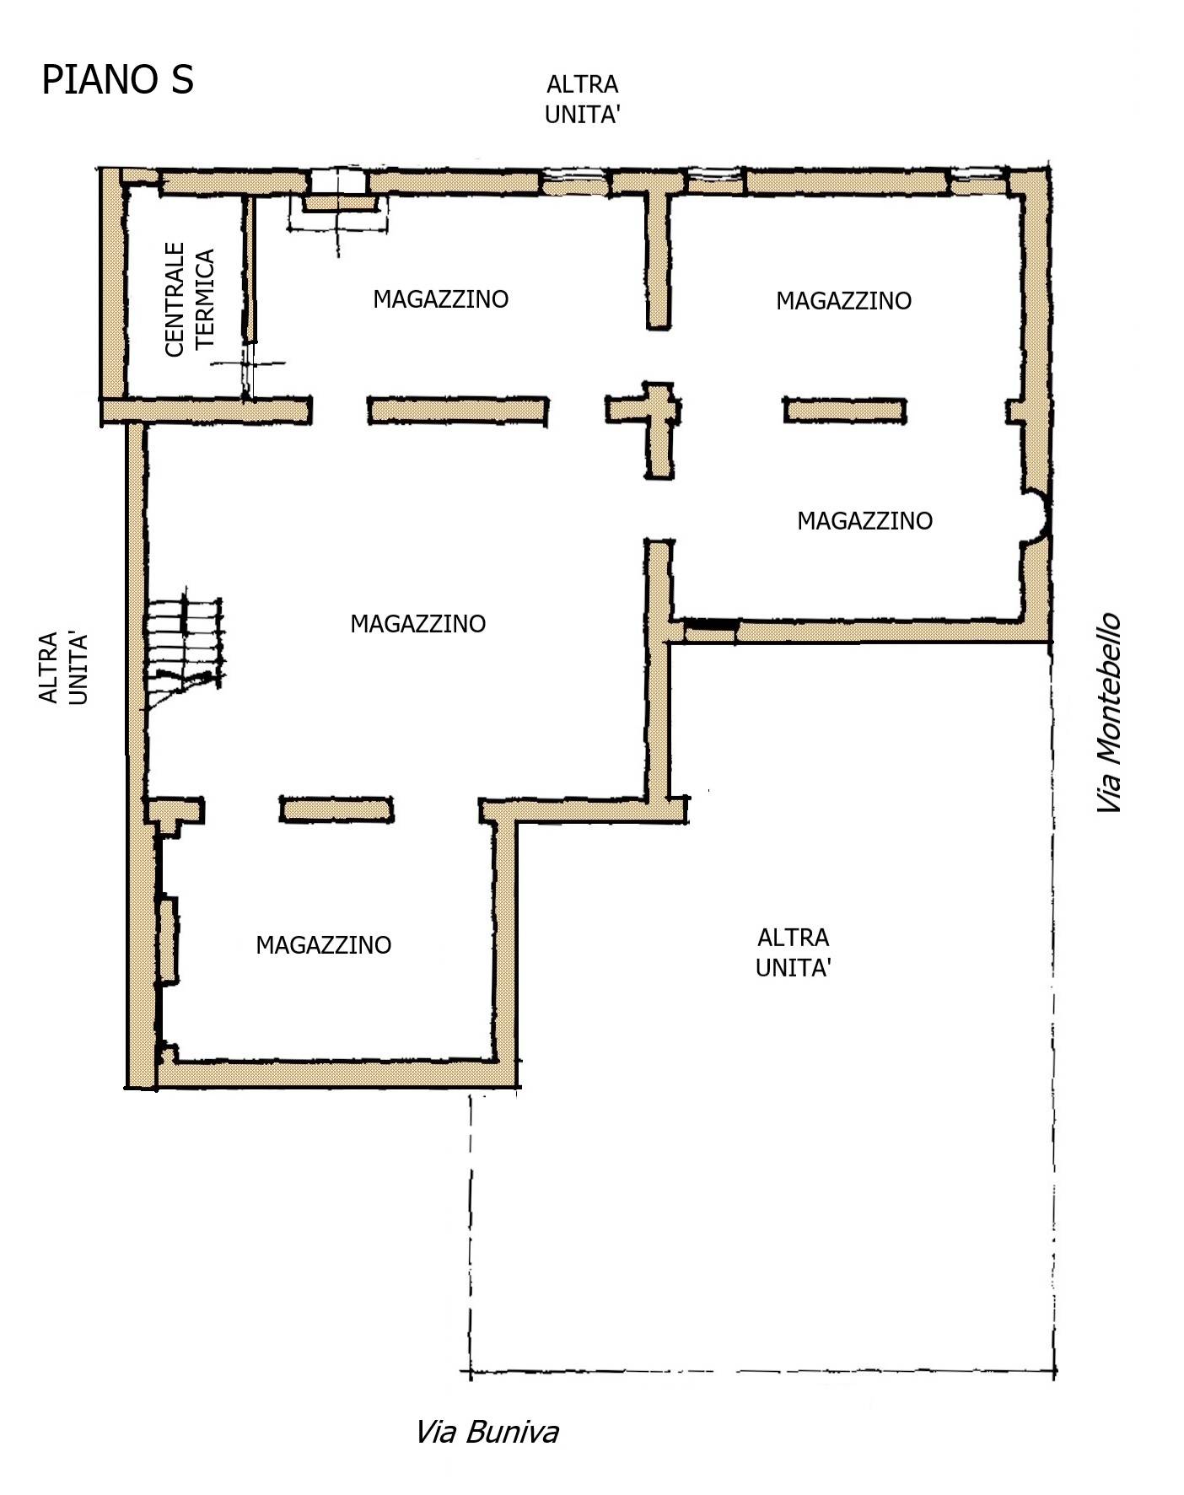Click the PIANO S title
[117, 80]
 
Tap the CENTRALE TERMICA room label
[190, 299]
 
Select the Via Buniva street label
[487, 1432]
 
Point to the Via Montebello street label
[1109, 713]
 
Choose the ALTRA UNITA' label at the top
[583, 99]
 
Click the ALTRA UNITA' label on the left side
[63, 668]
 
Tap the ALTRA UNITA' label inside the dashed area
[793, 952]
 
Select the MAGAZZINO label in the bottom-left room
[324, 944]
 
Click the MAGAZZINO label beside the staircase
[418, 623]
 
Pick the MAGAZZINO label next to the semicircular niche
[865, 520]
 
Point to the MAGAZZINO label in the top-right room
[844, 300]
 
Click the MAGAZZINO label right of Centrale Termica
[441, 298]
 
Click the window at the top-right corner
[979, 175]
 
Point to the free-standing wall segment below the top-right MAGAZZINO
[845, 411]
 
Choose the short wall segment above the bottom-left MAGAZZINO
[336, 809]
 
